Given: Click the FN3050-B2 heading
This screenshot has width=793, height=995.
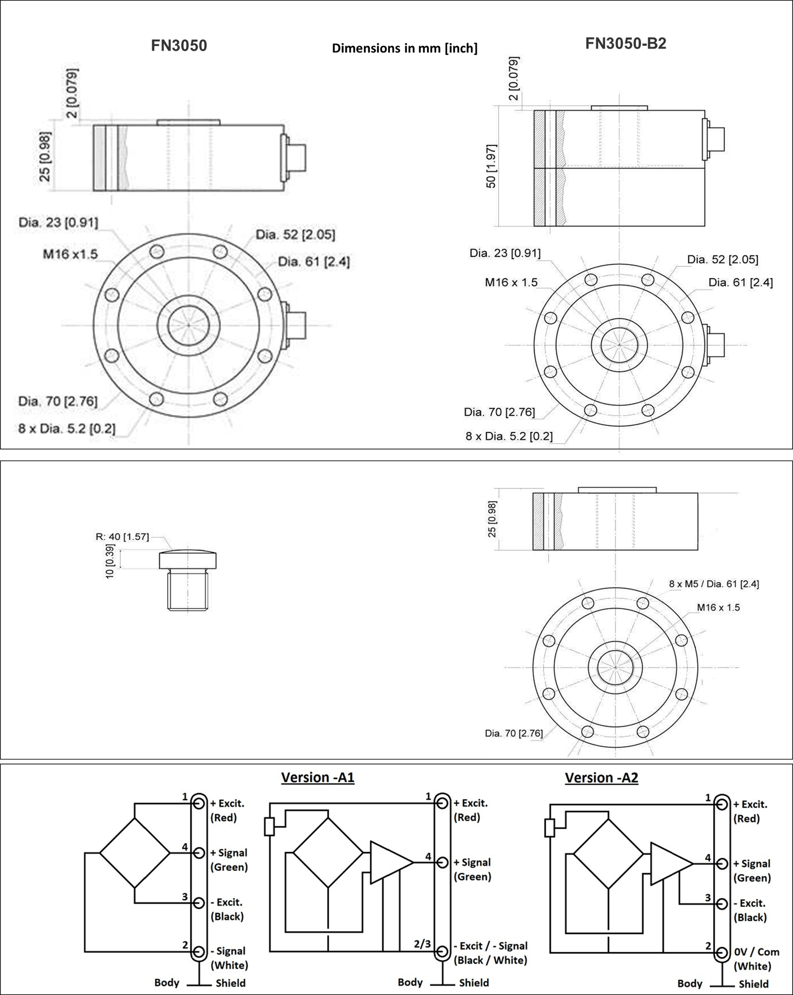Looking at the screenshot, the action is (625, 44).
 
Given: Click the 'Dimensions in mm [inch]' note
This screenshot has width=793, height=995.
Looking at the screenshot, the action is (404, 48).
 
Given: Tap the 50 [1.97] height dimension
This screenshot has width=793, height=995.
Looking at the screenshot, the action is (491, 166).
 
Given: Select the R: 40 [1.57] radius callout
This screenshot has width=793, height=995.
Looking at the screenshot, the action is (122, 536).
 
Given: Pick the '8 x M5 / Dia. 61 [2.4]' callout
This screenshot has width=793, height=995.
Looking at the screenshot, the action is (714, 584).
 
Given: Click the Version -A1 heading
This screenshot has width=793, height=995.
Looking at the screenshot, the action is (318, 777).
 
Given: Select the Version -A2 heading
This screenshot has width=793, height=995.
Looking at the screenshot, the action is (601, 777).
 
